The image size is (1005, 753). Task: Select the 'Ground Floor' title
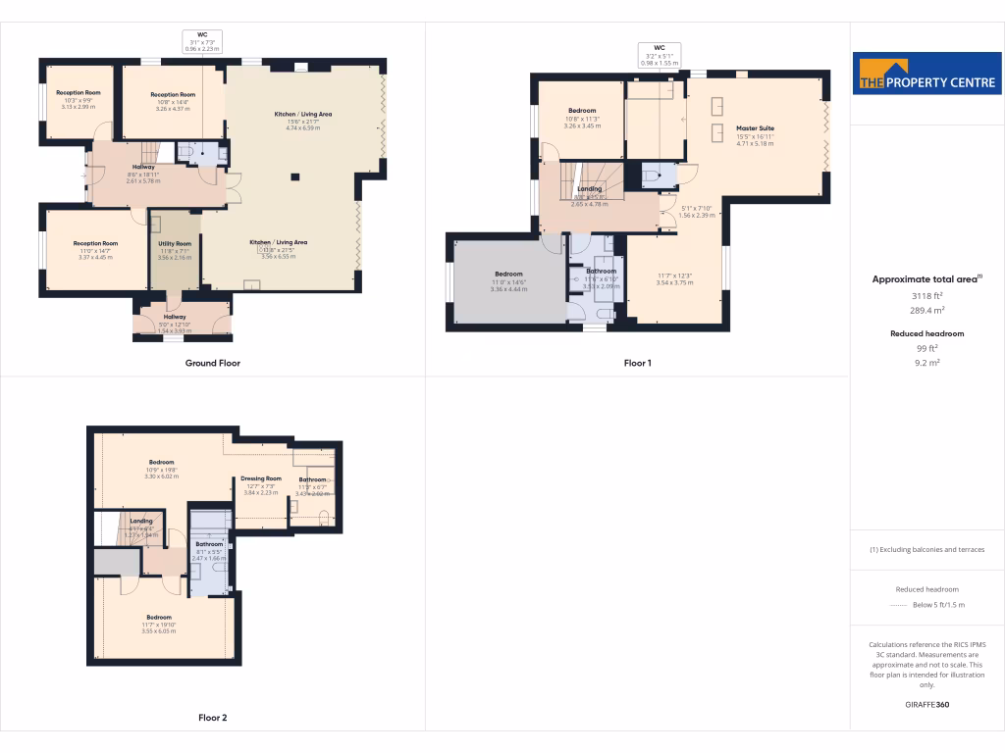pyautogui.click(x=213, y=363)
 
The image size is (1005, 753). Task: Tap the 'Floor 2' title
pyautogui.click(x=212, y=718)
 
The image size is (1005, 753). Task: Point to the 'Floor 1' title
pyautogui.click(x=638, y=363)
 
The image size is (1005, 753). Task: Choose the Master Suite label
pyautogui.click(x=755, y=128)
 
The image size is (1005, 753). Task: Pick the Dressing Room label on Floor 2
pyautogui.click(x=261, y=478)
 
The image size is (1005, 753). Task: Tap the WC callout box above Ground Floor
pyautogui.click(x=202, y=40)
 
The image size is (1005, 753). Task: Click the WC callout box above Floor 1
pyautogui.click(x=660, y=54)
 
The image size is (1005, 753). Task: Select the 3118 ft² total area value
pyautogui.click(x=926, y=295)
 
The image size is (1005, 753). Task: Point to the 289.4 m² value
pyautogui.click(x=926, y=309)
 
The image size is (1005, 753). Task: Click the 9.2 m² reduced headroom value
pyautogui.click(x=926, y=363)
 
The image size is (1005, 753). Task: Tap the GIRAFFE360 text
pyautogui.click(x=926, y=705)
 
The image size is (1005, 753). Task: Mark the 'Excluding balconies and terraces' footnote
pyautogui.click(x=926, y=549)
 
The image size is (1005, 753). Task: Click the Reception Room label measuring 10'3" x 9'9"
pyautogui.click(x=79, y=93)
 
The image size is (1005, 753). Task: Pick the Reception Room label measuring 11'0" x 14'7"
pyautogui.click(x=95, y=243)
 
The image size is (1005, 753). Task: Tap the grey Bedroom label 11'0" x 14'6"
pyautogui.click(x=508, y=275)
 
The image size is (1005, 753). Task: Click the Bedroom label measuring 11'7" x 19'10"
pyautogui.click(x=159, y=618)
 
